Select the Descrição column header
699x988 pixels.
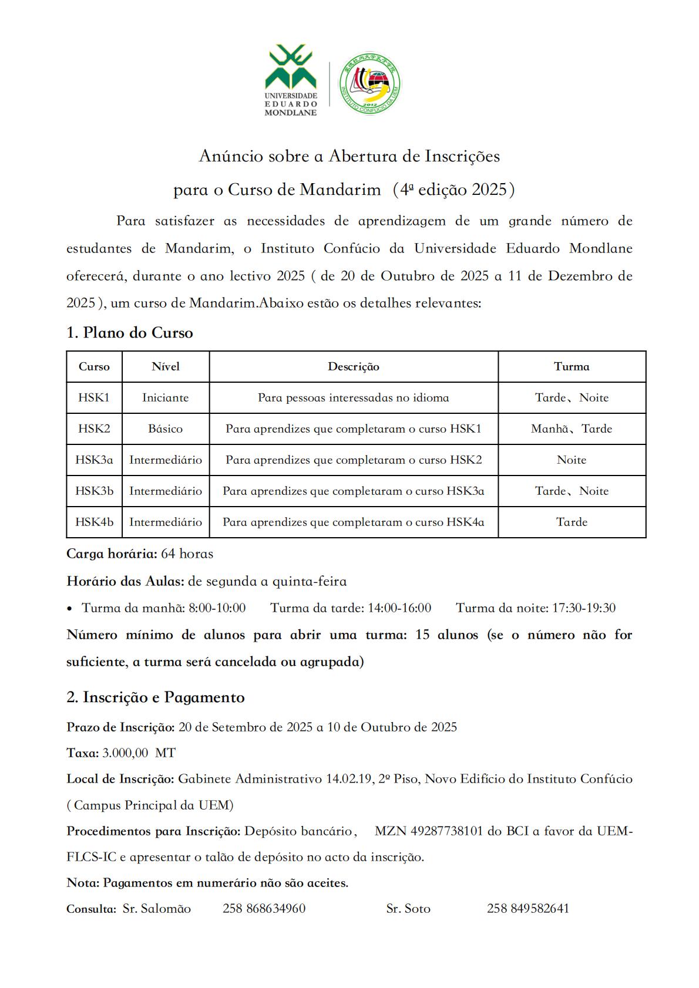pyautogui.click(x=354, y=367)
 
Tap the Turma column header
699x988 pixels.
pyautogui.click(x=572, y=367)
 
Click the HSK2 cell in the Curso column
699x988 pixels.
pyautogui.click(x=94, y=429)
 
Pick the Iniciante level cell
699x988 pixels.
pyautogui.click(x=166, y=398)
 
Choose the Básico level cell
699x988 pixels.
pyautogui.click(x=166, y=429)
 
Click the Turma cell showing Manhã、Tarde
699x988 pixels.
pyautogui.click(x=572, y=429)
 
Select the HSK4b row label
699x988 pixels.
pyautogui.click(x=94, y=522)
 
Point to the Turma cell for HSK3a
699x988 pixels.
pyautogui.click(x=572, y=460)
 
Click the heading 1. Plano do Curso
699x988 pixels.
pyautogui.click(x=130, y=333)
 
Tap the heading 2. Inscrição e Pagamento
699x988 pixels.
pyautogui.click(x=156, y=697)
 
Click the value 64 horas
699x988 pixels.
pyautogui.click(x=187, y=554)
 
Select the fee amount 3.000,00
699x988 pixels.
pyautogui.click(x=125, y=753)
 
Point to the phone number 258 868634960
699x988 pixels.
pyautogui.click(x=264, y=909)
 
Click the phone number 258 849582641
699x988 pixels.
pyautogui.click(x=527, y=909)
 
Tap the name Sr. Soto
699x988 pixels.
pyautogui.click(x=408, y=909)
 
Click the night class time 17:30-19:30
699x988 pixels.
pyautogui.click(x=584, y=608)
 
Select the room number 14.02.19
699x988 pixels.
pyautogui.click(x=350, y=779)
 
